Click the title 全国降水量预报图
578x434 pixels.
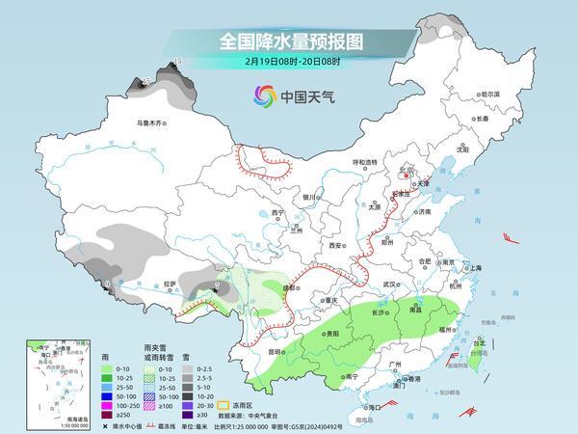coord(288,41)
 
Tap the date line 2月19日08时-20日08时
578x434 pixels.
coord(288,63)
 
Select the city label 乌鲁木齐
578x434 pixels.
coord(152,123)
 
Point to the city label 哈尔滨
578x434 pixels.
coord(490,94)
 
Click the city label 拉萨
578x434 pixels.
coord(171,284)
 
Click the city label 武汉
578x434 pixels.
coord(389,285)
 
